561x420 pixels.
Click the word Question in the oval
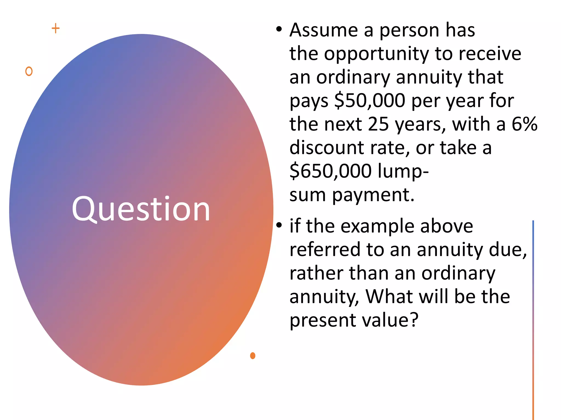click(x=141, y=209)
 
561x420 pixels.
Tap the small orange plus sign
click(x=56, y=28)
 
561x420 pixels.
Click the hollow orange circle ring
click(x=29, y=71)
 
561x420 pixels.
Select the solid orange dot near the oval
click(x=253, y=355)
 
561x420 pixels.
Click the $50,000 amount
click(x=370, y=100)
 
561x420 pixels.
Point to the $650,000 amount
click(x=330, y=171)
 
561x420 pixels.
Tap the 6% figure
click(x=524, y=124)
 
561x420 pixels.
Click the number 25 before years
click(x=378, y=124)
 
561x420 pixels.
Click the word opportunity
click(x=376, y=54)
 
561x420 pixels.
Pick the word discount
click(x=327, y=148)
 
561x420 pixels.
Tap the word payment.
click(x=373, y=195)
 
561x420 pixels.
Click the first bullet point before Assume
click(x=279, y=29)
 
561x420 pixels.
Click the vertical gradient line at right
click(x=533, y=314)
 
